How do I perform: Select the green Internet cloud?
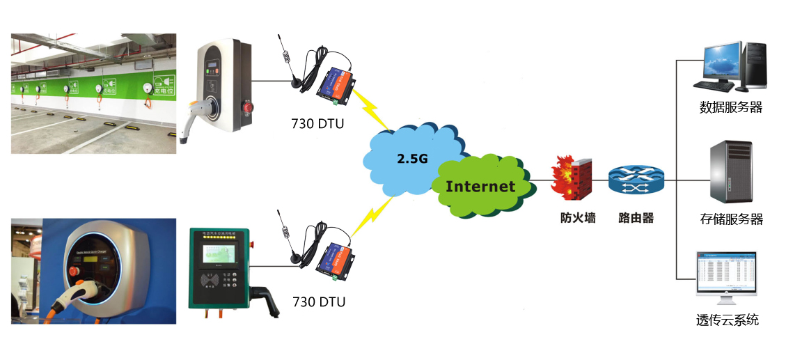click(x=480, y=186)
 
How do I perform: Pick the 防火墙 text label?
click(x=578, y=218)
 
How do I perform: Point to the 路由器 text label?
click(x=636, y=218)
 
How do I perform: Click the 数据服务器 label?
click(x=730, y=107)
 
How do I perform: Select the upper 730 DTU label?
click(x=317, y=124)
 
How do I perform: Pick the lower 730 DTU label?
click(x=317, y=302)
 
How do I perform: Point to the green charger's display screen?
click(x=219, y=254)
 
